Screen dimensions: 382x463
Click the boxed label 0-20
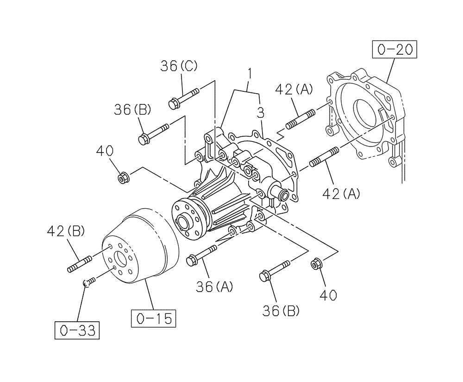(x=394, y=49)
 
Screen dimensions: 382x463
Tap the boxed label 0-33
(x=77, y=330)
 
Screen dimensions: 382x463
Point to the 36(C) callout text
(x=179, y=66)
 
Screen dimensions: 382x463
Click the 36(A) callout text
(x=214, y=287)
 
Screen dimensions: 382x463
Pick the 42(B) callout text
(x=65, y=231)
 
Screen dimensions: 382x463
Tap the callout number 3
(x=261, y=113)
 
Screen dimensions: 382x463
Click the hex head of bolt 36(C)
(x=174, y=103)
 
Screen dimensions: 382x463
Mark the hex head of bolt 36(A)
(x=192, y=261)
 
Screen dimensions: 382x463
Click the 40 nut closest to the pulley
(x=124, y=177)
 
